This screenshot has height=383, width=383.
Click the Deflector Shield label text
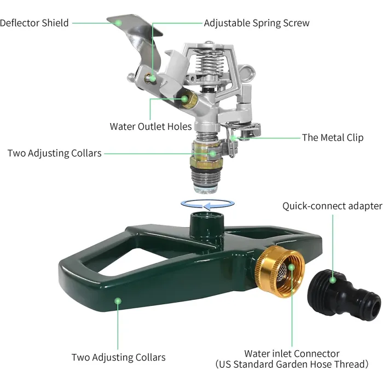pos(34,23)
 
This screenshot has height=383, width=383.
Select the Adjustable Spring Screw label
pos(256,23)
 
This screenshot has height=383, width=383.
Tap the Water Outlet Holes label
pos(150,126)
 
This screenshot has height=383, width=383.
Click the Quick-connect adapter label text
pos(332,206)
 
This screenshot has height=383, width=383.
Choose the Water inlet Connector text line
pos(292,353)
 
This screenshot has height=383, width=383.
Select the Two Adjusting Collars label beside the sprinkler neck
pos(54,153)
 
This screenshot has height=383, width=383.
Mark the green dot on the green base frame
pos(117,300)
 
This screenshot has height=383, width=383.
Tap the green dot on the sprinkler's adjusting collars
pos(213,154)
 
